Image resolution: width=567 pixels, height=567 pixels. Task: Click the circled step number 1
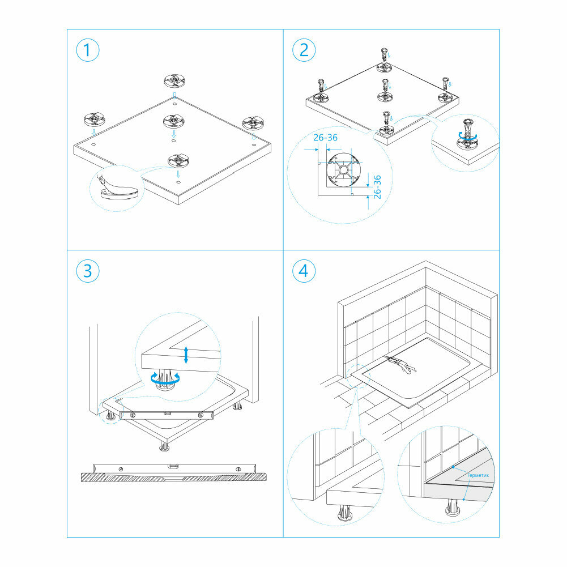click(87, 50)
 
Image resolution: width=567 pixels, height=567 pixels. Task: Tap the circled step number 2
click(304, 50)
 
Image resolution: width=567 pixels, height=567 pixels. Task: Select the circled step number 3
click(87, 271)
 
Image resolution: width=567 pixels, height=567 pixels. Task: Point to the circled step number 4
click(304, 271)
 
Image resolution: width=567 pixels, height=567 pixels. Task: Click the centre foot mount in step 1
click(175, 121)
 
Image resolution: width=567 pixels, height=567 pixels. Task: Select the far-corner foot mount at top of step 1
click(174, 80)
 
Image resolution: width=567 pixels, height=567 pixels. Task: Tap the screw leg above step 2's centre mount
click(386, 84)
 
